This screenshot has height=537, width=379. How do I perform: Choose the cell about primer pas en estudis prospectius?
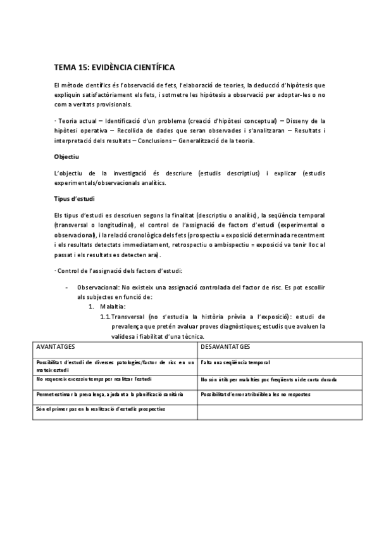coord(101,408)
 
